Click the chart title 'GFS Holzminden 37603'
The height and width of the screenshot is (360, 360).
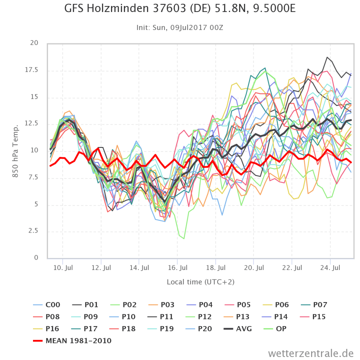[x=180, y=9]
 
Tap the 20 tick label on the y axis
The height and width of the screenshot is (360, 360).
[x=34, y=43]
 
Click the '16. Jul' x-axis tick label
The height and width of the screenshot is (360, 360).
[x=177, y=268]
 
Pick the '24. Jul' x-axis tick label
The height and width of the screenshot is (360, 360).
[x=330, y=268]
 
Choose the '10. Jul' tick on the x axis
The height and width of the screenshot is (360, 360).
[x=63, y=268]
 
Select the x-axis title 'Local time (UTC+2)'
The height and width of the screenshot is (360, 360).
[x=200, y=282]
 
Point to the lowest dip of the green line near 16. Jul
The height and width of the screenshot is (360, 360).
[x=184, y=238]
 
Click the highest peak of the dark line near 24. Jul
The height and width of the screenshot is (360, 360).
[x=327, y=57]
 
